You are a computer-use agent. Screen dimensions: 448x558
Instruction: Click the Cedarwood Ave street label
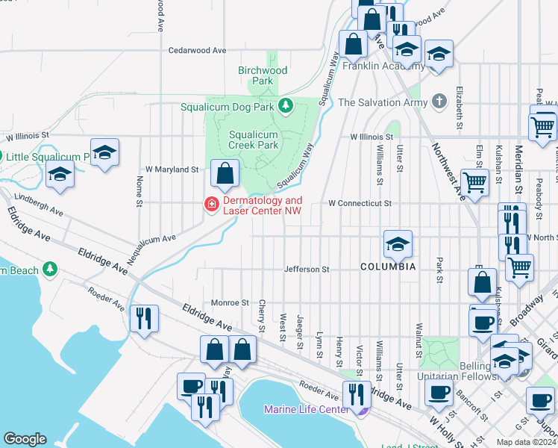pos(197,50)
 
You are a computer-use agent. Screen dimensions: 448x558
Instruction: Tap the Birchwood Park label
pos(263,75)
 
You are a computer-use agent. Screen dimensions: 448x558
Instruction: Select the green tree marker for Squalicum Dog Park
pos(284,106)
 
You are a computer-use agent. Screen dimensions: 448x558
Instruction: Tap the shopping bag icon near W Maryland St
pos(225,174)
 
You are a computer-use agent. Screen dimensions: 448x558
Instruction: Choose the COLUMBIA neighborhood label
pos(388,267)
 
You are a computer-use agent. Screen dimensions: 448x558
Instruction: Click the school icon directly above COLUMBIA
pos(398,244)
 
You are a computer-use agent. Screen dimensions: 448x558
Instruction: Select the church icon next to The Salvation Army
pos(439,102)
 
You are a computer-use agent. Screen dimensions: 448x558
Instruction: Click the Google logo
pos(25,438)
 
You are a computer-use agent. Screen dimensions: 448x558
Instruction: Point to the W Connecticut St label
pos(360,203)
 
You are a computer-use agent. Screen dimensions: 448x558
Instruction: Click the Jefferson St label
pos(306,269)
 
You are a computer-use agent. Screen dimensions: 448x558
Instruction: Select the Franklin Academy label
pos(383,66)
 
